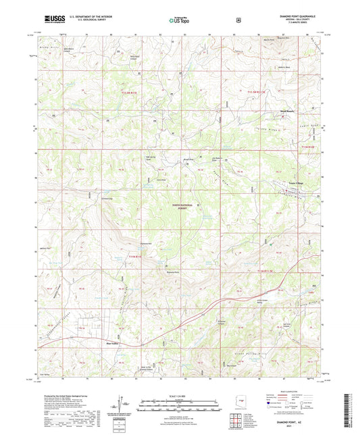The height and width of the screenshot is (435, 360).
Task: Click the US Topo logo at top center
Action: (178, 20)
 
